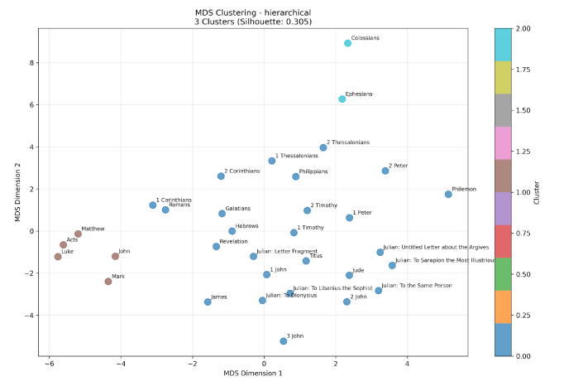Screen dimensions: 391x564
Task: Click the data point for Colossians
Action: pyautogui.click(x=348, y=43)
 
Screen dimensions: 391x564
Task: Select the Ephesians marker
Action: pyautogui.click(x=342, y=99)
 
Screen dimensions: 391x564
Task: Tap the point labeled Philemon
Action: pyautogui.click(x=448, y=195)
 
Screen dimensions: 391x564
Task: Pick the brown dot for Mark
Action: pyautogui.click(x=108, y=282)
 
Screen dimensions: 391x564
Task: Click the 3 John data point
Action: pyautogui.click(x=284, y=341)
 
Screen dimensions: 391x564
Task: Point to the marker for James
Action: pyautogui.click(x=208, y=302)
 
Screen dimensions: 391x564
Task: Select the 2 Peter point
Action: pyautogui.click(x=385, y=171)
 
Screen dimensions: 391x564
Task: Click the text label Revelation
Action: pyautogui.click(x=233, y=241)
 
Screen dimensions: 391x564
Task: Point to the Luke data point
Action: pyautogui.click(x=58, y=257)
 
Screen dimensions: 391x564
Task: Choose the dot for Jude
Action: pyautogui.click(x=349, y=275)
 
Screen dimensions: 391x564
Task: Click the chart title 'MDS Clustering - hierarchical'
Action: pyautogui.click(x=253, y=11)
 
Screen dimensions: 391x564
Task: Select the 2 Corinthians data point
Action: pyautogui.click(x=221, y=176)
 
